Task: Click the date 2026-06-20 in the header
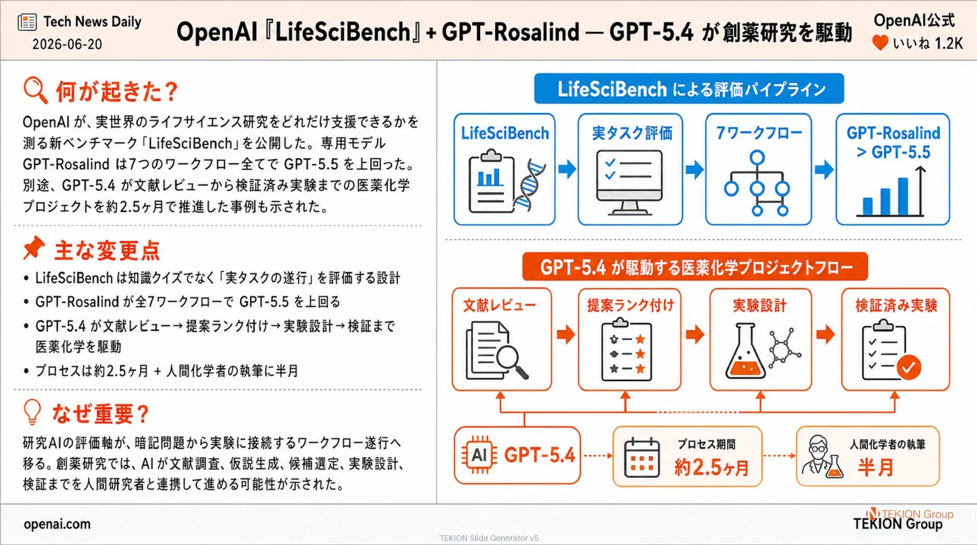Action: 67,44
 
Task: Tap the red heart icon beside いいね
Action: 880,43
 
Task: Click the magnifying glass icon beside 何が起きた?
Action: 35,90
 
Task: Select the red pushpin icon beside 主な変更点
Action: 33,247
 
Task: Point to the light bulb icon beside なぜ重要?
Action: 32,412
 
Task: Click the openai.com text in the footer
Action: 57,523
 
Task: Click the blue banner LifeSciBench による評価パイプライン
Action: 689,89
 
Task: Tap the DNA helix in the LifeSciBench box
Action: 529,184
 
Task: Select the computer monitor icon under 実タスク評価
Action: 629,183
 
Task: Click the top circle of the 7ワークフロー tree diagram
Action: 757,158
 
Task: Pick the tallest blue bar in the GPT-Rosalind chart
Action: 903,196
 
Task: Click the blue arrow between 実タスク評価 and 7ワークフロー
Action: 694,169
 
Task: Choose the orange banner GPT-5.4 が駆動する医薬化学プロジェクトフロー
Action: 695,267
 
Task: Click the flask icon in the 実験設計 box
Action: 745,351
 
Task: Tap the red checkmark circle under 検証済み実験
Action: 909,367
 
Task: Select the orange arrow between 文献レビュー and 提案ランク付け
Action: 566,335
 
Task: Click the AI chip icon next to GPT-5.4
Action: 479,455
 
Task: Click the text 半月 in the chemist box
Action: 875,468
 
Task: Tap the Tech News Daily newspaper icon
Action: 27,22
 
